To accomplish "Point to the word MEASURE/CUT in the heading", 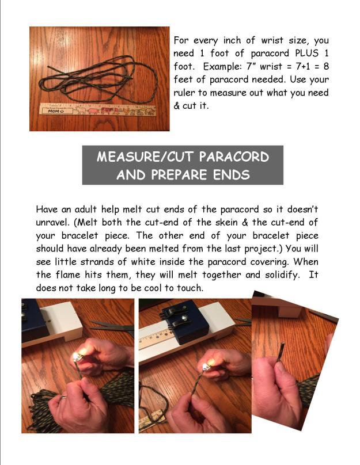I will [x=143, y=157].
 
